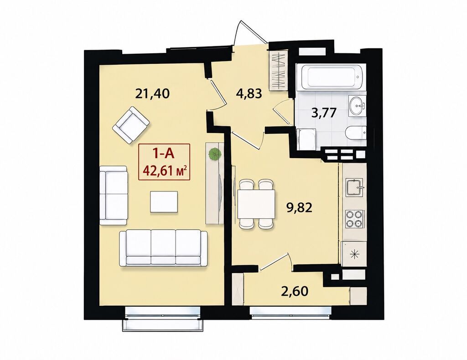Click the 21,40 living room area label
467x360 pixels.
point(152,93)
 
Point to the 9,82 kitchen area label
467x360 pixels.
point(299,207)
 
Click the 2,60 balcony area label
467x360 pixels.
point(295,291)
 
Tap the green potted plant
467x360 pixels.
point(215,154)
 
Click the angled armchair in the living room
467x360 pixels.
point(131,126)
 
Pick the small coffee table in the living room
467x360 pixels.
point(164,202)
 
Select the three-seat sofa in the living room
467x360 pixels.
point(163,247)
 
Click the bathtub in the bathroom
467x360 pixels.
point(332,77)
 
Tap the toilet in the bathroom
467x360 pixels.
point(356,132)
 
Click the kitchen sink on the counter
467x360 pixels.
point(354,187)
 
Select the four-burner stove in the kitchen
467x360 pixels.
point(353,219)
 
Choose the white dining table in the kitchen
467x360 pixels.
point(256,205)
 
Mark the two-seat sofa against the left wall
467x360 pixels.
point(114,195)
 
